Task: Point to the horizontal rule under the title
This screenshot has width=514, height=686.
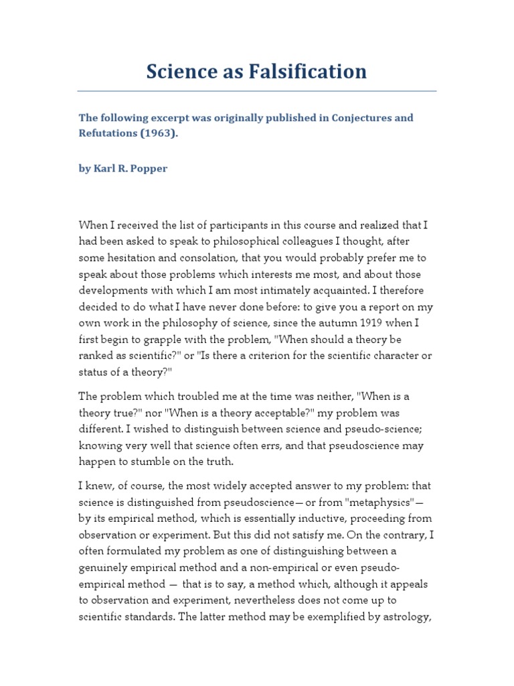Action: click(x=257, y=90)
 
